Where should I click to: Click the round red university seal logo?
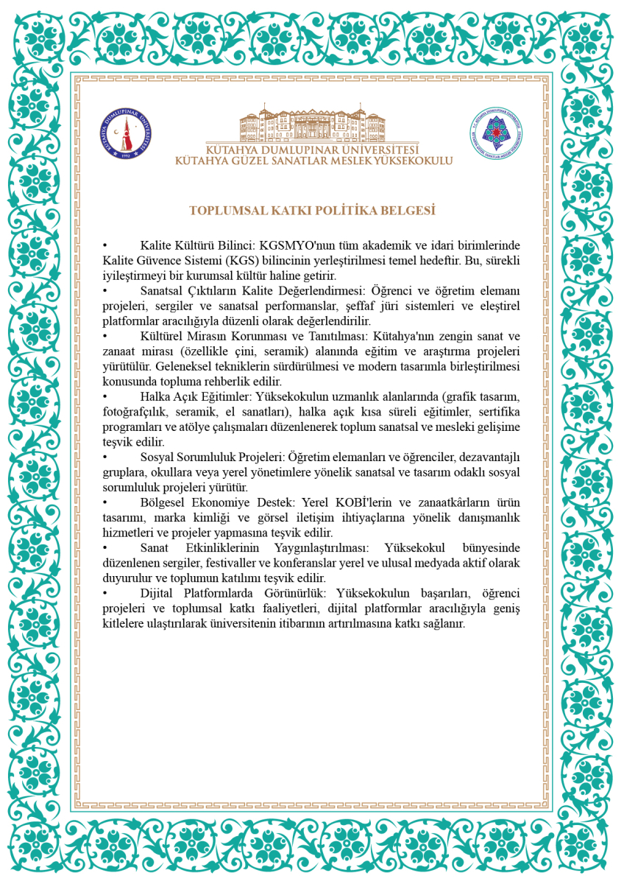click(130, 133)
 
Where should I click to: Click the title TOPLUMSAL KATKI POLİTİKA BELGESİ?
click(313, 210)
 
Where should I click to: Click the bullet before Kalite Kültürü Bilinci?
click(105, 245)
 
